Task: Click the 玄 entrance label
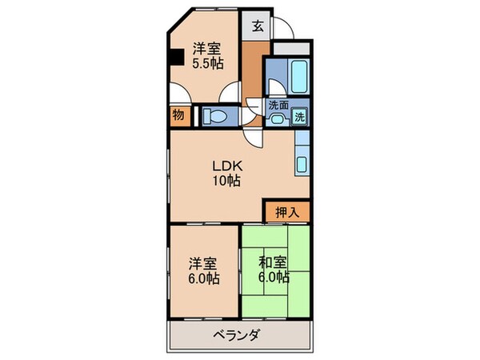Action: pos(258,24)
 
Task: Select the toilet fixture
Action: pos(215,116)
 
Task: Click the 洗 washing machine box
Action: pos(299,116)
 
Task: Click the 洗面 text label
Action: pos(278,105)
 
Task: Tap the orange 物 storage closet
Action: pos(178,115)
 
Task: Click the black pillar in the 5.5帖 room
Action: pos(175,57)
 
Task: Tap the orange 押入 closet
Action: pos(286,212)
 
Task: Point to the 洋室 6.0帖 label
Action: pos(202,272)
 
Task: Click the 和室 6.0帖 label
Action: pos(274,272)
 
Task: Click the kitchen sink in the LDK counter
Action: pos(302,165)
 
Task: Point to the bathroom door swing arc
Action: pos(275,90)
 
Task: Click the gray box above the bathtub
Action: pos(289,47)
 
